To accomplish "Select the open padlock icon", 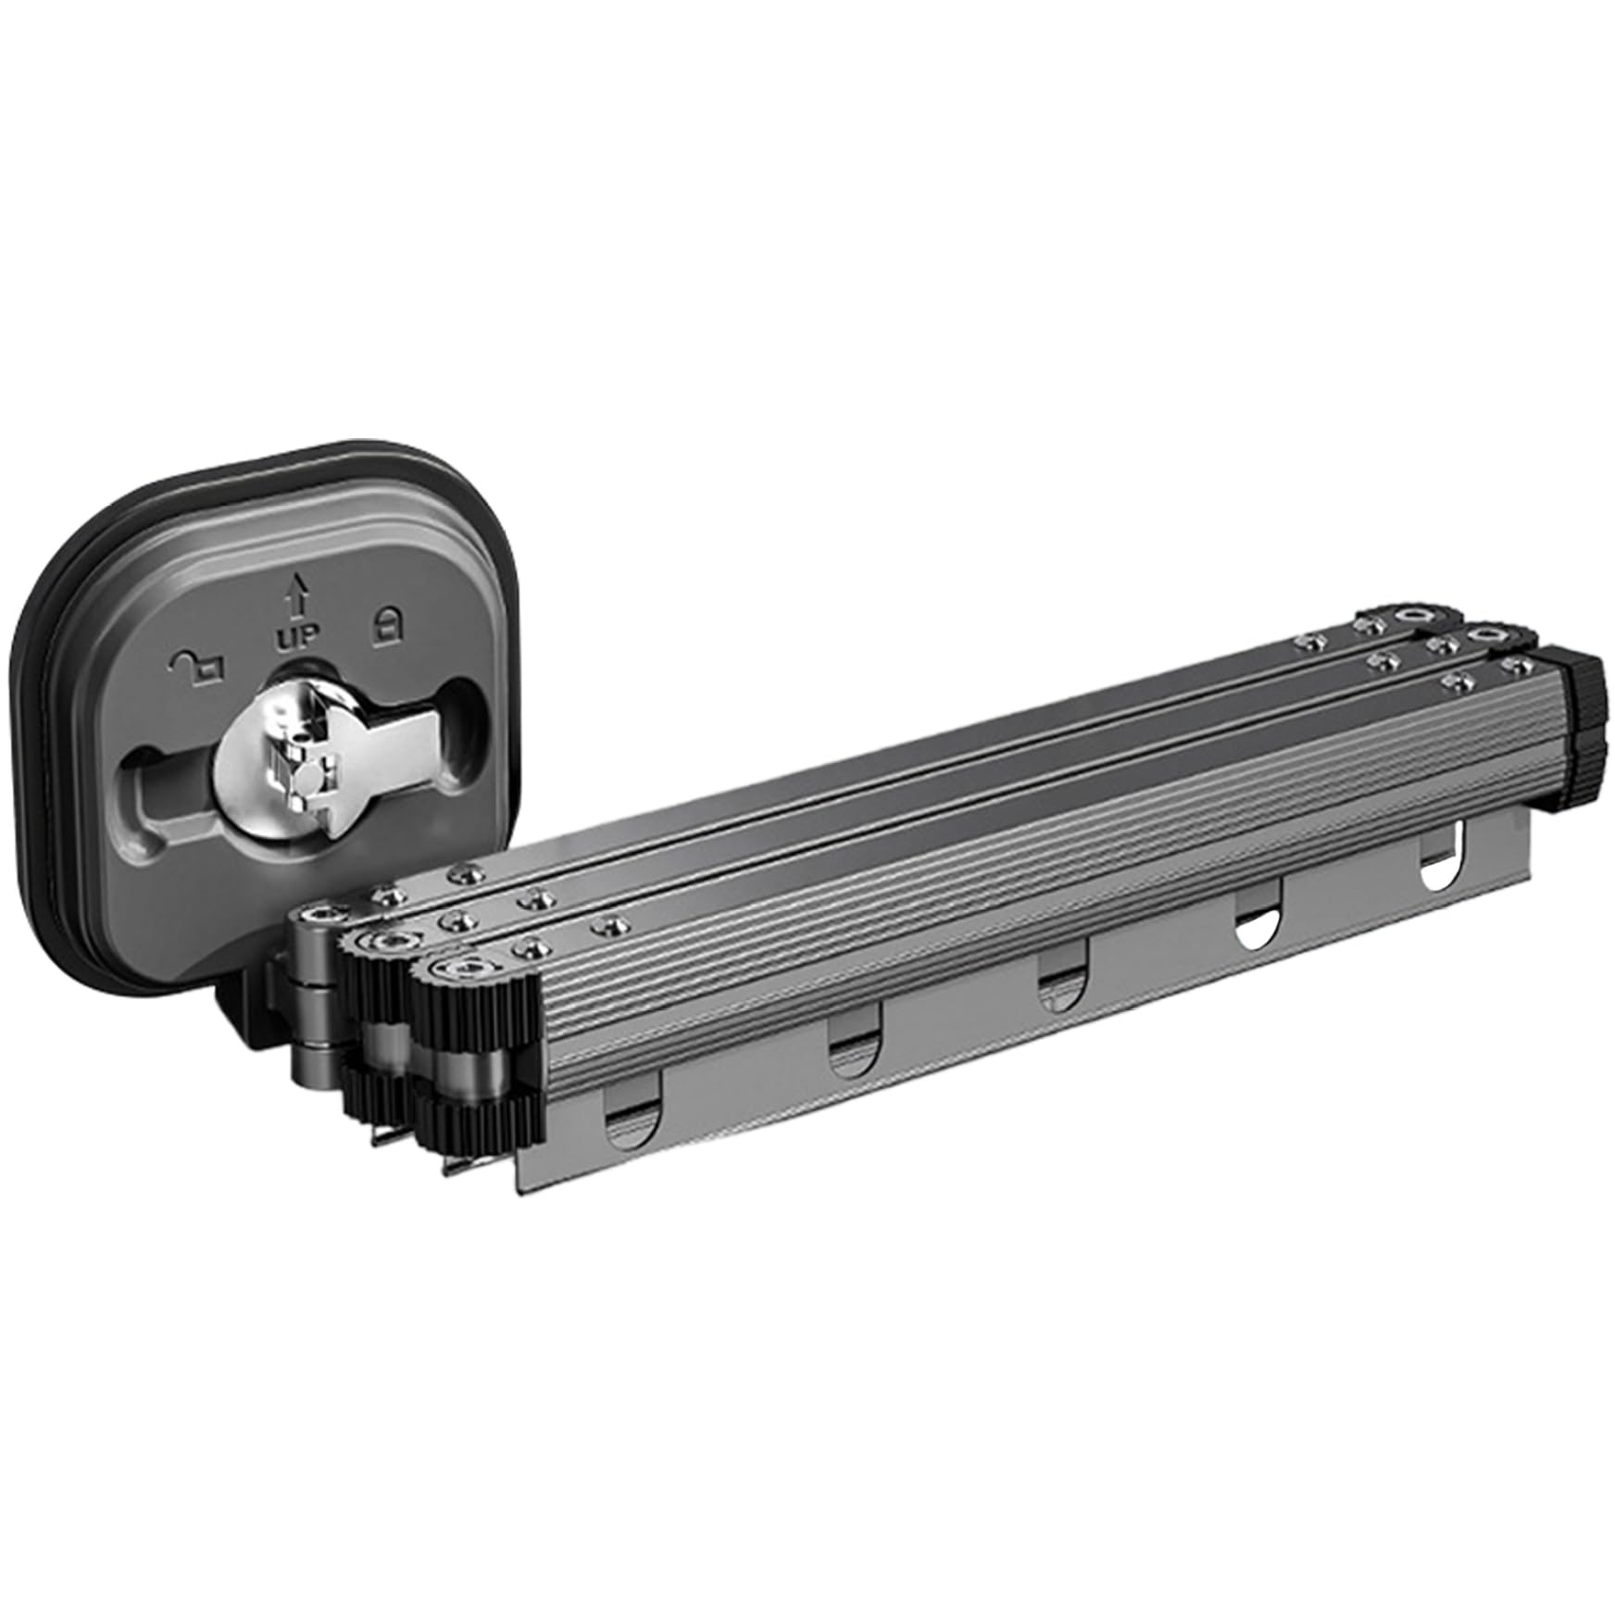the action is click(198, 663).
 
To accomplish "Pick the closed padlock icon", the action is click(384, 626).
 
